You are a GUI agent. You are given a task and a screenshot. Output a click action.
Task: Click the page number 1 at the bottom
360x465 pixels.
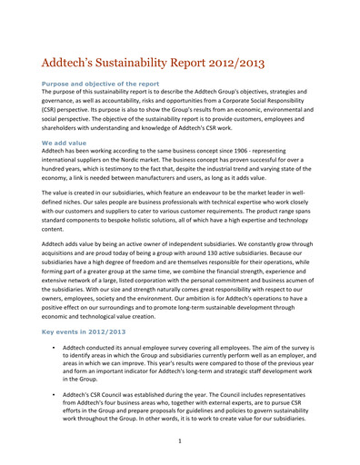point(180,440)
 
